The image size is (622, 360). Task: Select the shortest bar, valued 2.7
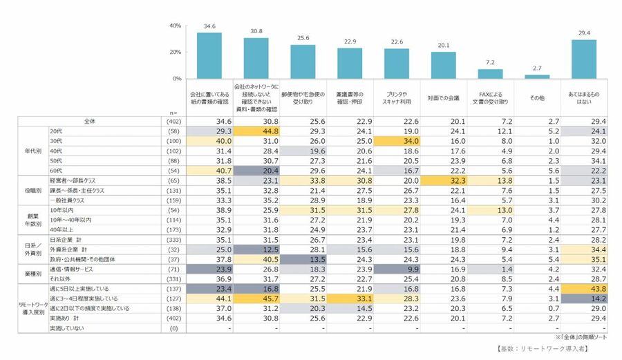[538, 76]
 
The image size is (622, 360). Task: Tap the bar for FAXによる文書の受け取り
[491, 74]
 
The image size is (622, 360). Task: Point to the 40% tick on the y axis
[176, 26]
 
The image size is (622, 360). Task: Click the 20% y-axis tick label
[176, 52]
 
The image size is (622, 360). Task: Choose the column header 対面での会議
[444, 98]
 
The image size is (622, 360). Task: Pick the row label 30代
[56, 140]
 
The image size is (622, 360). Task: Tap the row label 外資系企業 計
[70, 249]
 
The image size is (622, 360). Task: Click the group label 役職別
[24, 187]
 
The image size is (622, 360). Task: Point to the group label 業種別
[24, 273]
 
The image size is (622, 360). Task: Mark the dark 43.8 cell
[585, 288]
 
